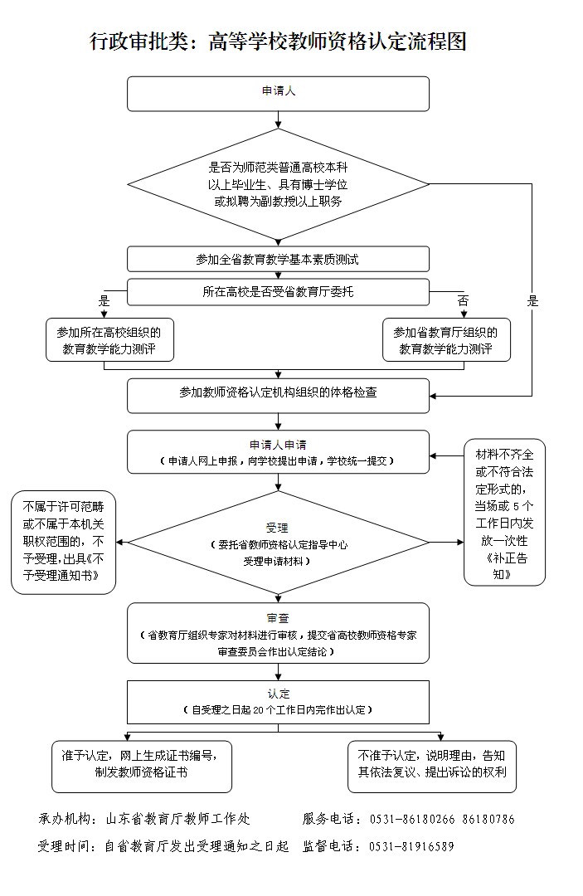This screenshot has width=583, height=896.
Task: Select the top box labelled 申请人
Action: click(x=278, y=94)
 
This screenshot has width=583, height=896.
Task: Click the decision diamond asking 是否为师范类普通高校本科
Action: click(x=278, y=183)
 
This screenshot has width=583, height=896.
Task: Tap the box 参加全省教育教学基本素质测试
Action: click(x=278, y=260)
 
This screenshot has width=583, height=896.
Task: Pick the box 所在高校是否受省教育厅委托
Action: click(x=278, y=292)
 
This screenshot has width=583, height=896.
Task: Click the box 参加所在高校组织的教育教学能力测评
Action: click(x=110, y=340)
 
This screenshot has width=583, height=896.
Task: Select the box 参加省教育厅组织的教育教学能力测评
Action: click(x=446, y=340)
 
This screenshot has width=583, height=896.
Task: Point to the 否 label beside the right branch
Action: click(x=463, y=300)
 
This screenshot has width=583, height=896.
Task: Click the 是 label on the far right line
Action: click(x=532, y=301)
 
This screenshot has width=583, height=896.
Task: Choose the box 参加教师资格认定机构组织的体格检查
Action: click(x=278, y=395)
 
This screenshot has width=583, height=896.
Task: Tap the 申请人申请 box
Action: click(x=278, y=452)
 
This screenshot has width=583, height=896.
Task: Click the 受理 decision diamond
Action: click(x=278, y=543)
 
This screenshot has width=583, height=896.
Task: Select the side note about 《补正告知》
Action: click(x=503, y=512)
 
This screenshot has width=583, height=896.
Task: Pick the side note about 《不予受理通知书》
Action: click(x=63, y=543)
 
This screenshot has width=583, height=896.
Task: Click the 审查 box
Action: click(x=278, y=632)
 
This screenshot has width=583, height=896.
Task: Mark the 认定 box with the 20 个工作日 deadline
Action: click(x=278, y=702)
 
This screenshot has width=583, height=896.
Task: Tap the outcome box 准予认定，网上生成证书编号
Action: click(x=140, y=765)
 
